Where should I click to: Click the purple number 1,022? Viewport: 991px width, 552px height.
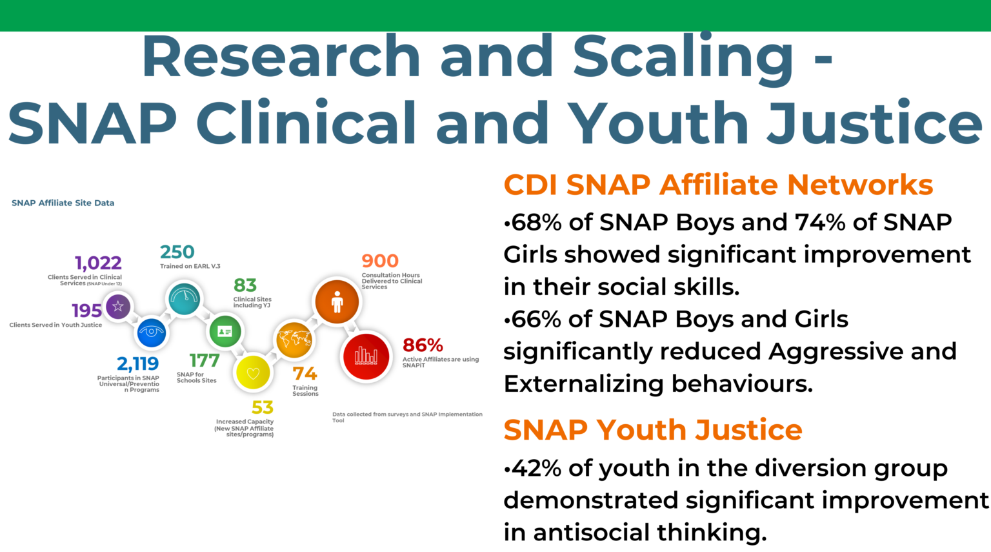98,263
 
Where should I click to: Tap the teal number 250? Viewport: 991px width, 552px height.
177,252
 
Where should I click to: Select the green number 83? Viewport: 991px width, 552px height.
245,285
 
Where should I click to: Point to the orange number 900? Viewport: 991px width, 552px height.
380,261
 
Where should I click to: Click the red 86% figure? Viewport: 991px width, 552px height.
423,345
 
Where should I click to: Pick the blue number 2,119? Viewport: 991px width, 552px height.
137,364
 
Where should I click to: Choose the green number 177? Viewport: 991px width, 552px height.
205,360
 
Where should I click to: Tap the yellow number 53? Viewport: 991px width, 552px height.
263,408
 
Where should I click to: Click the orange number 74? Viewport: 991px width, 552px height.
305,374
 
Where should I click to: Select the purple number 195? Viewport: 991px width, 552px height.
86,311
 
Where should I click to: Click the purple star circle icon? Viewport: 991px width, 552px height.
117,307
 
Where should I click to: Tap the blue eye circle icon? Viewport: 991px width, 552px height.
152,332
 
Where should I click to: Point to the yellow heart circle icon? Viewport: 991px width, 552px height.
253,373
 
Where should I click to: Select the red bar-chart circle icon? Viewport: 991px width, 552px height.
366,356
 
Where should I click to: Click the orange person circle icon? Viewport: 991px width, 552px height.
337,302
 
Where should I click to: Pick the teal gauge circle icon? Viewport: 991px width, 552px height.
185,298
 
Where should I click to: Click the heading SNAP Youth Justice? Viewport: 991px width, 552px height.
652,430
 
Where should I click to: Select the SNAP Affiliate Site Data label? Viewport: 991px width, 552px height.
63,203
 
